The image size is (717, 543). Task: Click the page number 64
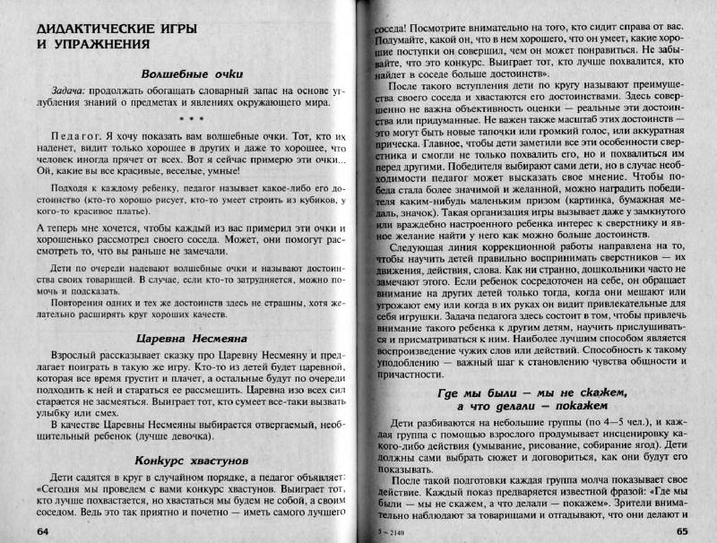[x=44, y=530]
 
